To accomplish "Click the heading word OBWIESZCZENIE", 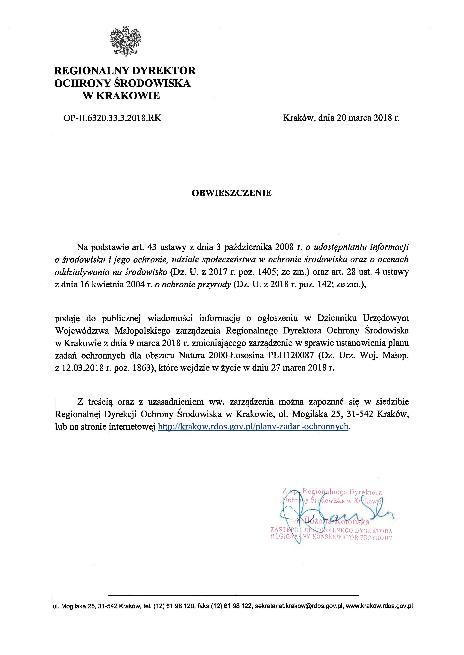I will (231, 193).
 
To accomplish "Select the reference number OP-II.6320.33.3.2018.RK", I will (112, 118).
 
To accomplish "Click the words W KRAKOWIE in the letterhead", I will (121, 95).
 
